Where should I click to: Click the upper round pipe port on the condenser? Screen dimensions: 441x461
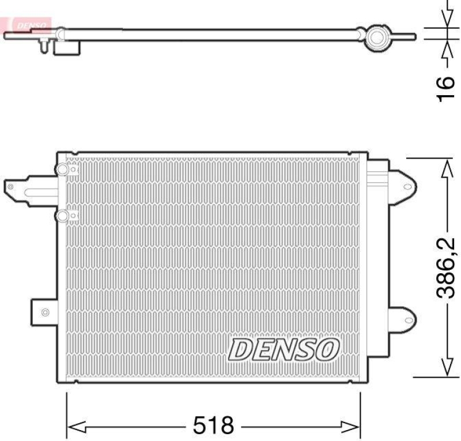point(62,169)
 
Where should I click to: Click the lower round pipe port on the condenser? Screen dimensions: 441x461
point(62,215)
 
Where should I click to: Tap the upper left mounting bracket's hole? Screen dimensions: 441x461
point(10,186)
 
